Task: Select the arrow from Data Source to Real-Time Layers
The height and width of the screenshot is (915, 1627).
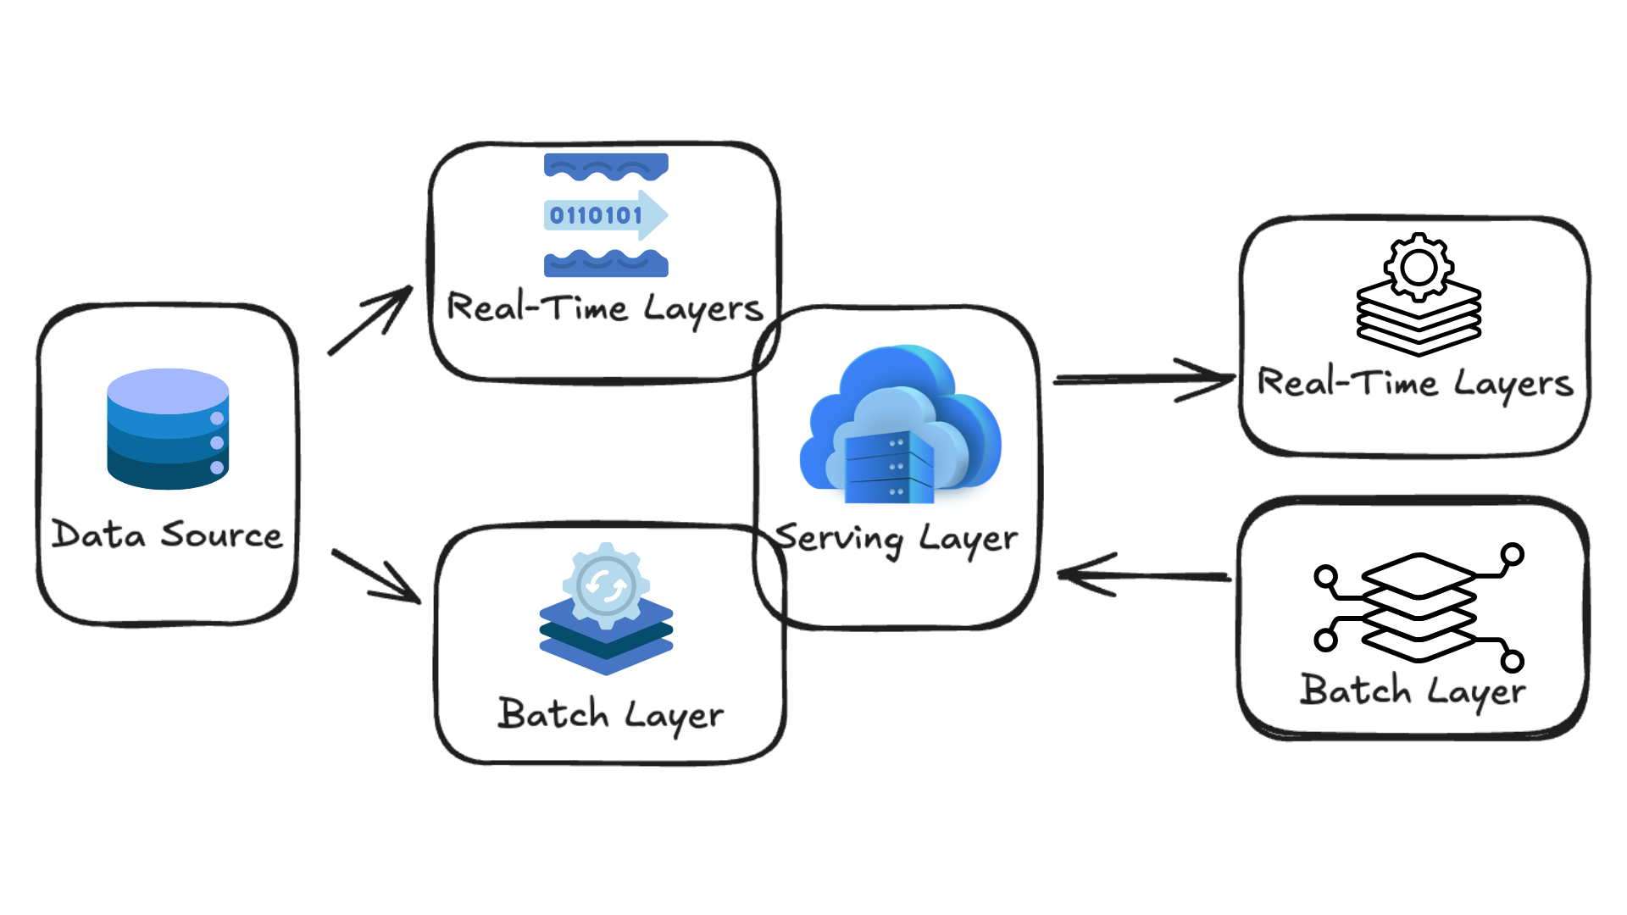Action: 370,320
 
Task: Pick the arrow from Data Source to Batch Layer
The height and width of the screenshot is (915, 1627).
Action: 376,576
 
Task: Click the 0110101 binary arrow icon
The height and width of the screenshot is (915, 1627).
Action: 605,215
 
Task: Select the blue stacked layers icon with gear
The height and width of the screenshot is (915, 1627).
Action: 606,610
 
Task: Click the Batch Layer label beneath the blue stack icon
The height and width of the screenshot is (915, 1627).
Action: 611,715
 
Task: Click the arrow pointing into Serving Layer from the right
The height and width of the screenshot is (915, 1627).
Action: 1144,575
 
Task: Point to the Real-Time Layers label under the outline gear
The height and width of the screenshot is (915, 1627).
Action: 1415,384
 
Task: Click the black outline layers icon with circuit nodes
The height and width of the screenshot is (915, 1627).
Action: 1419,607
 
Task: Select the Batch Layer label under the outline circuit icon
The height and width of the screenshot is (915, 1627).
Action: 1413,691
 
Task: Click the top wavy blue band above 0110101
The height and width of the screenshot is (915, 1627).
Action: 606,166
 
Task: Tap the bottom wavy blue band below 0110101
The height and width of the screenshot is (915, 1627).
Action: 606,263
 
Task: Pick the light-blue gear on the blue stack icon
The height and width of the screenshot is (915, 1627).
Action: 606,585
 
